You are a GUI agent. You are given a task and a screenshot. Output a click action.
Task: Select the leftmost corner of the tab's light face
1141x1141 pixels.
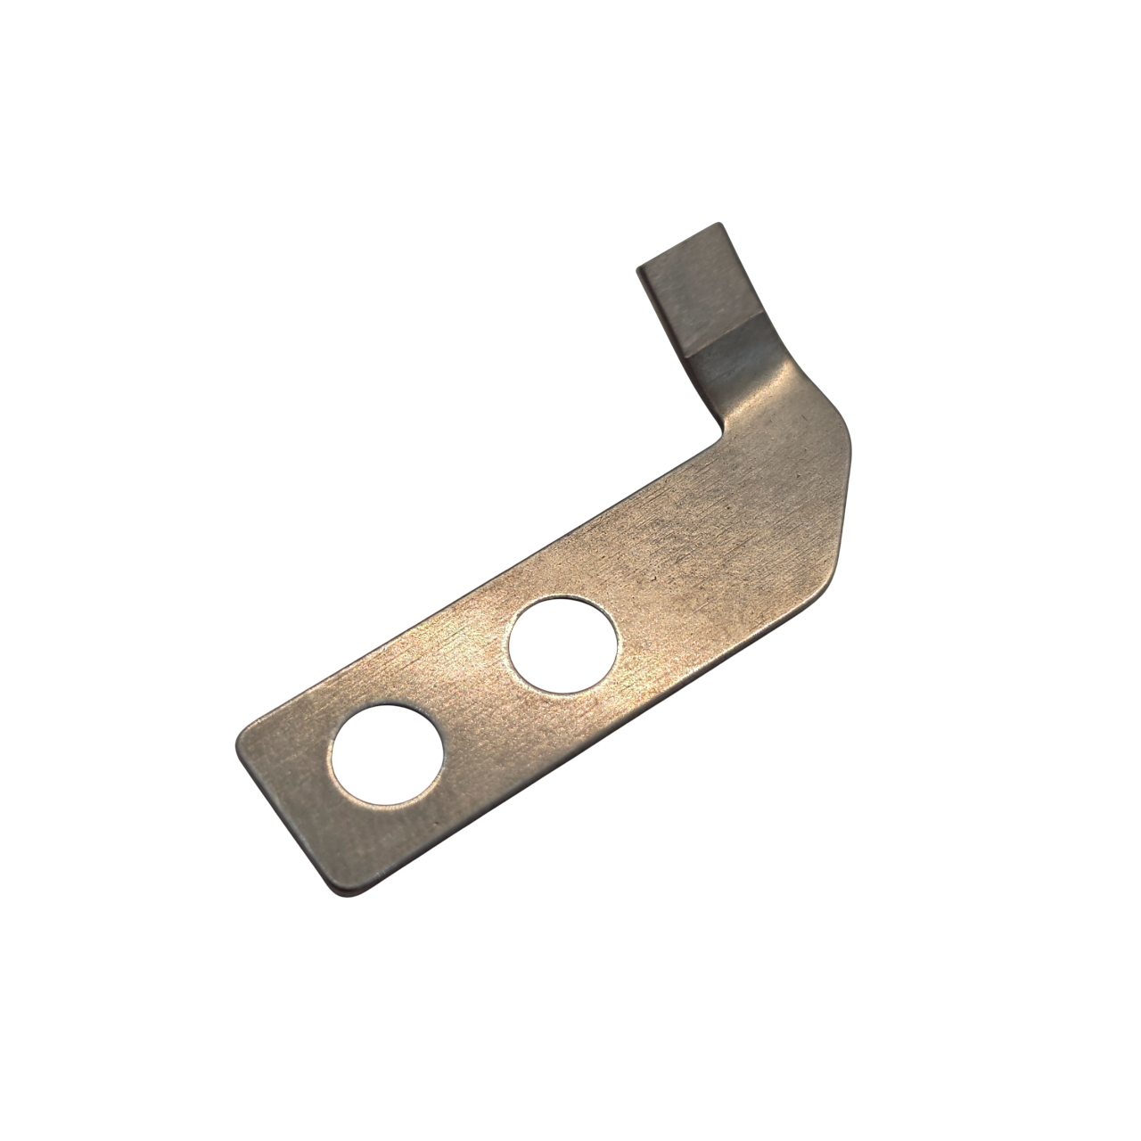(638, 268)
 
